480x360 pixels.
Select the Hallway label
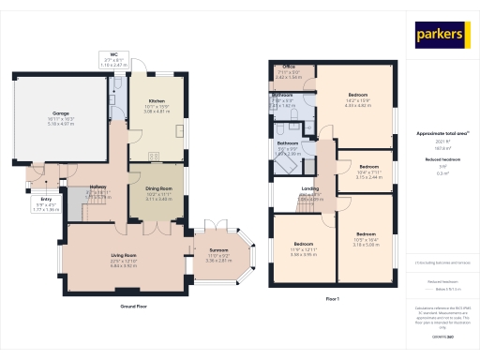tap(97, 187)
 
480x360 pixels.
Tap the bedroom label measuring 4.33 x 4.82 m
tap(358, 95)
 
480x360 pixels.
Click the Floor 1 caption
tap(332, 298)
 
